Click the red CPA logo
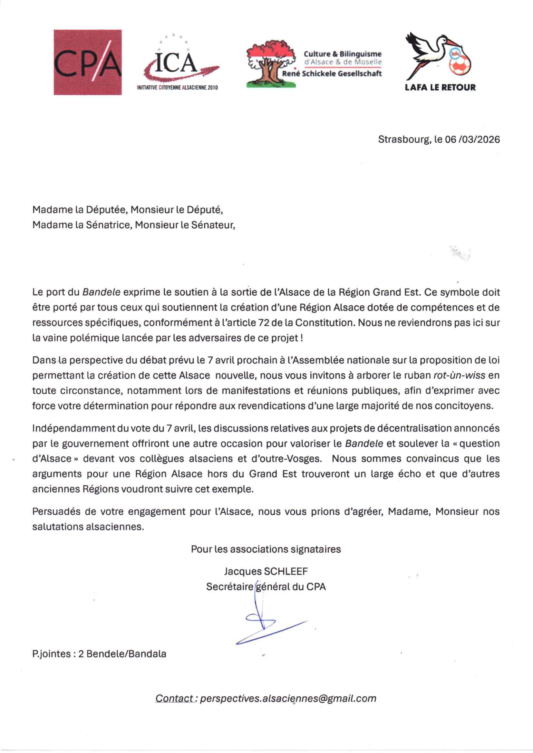[x=88, y=62]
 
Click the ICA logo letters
[x=176, y=63]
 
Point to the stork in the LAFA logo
[x=430, y=52]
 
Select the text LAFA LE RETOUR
[x=440, y=87]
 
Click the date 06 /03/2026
[x=472, y=139]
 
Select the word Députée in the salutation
[x=107, y=210]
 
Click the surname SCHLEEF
[x=286, y=571]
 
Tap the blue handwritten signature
[x=266, y=623]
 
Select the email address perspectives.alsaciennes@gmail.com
[x=288, y=699]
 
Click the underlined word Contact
[x=174, y=699]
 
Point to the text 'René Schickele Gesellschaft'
[x=332, y=73]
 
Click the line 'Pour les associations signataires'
[x=266, y=549]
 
